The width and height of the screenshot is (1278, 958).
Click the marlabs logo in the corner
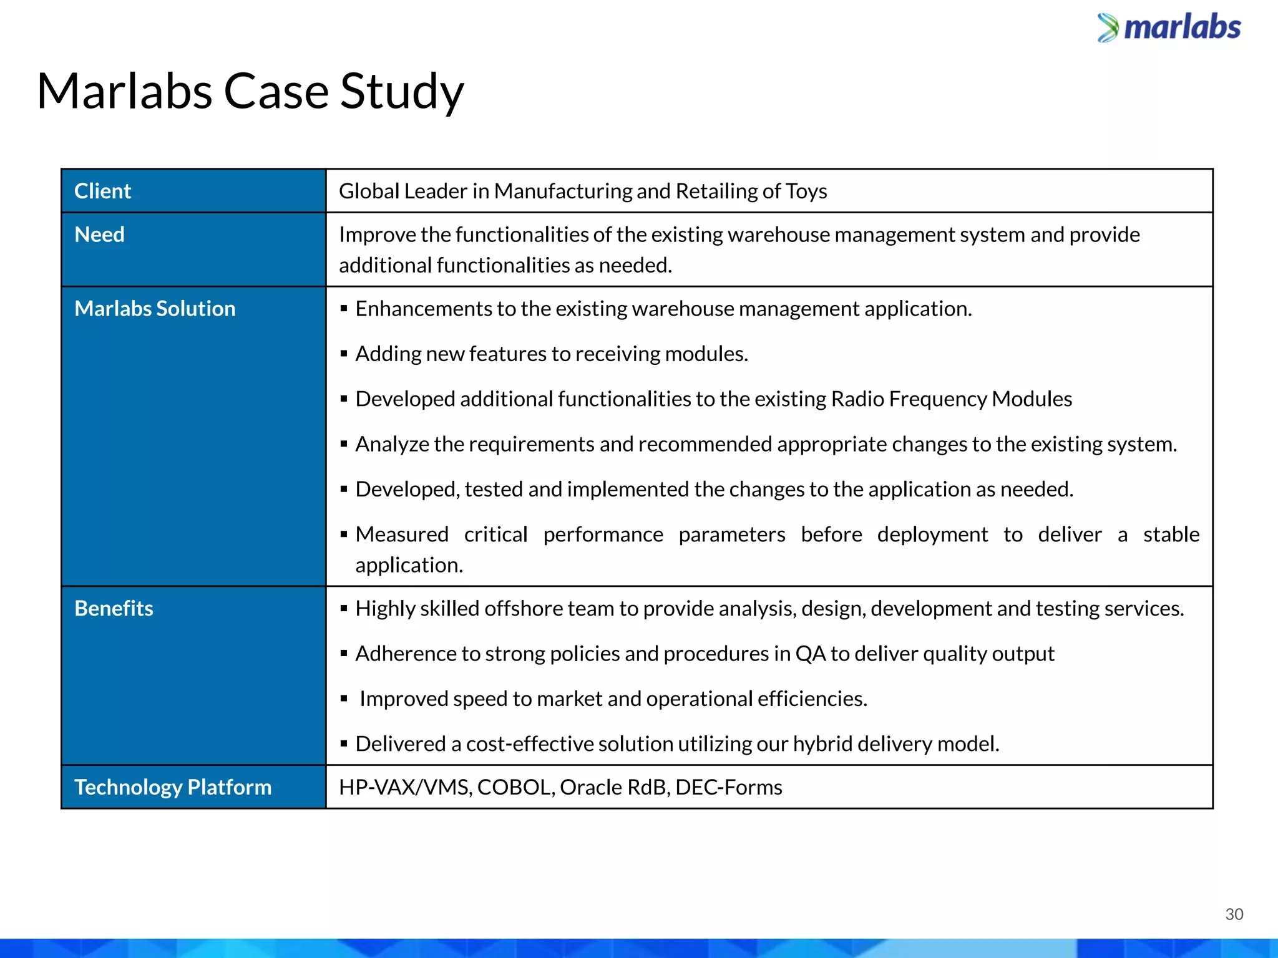click(x=1169, y=28)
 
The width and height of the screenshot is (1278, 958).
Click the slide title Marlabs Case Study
click(x=250, y=92)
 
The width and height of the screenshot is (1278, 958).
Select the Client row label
click(x=102, y=191)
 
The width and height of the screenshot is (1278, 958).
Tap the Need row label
click(x=99, y=235)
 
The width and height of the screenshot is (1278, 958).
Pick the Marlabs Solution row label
click(x=155, y=309)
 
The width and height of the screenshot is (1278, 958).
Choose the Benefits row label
click(x=114, y=608)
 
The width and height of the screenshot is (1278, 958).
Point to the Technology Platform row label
click(x=173, y=787)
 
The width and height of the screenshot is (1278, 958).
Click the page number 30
click(x=1234, y=914)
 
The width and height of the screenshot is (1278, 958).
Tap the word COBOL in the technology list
click(x=515, y=787)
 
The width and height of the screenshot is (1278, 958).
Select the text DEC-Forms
click(x=728, y=787)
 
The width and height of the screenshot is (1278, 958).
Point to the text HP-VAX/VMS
click(x=405, y=787)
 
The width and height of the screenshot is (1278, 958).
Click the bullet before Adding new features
click(x=344, y=354)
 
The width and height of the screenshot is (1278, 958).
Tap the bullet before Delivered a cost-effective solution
click(x=344, y=744)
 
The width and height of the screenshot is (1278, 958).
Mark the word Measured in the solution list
click(x=402, y=535)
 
